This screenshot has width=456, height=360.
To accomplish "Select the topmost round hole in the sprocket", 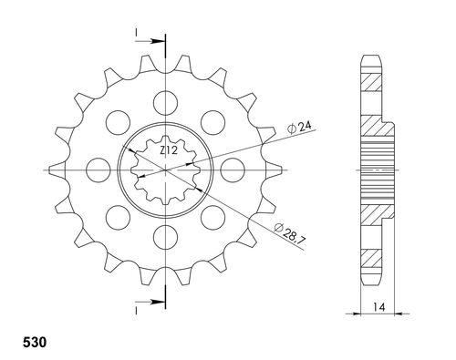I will [x=165, y=101].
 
